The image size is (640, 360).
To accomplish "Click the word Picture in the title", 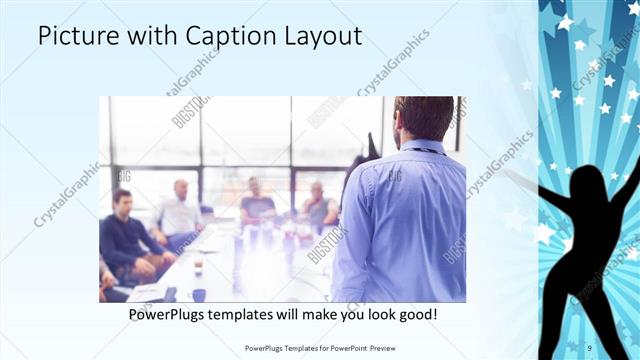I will [74, 37].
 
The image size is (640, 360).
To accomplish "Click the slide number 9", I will [590, 347].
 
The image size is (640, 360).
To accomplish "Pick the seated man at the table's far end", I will [257, 200].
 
